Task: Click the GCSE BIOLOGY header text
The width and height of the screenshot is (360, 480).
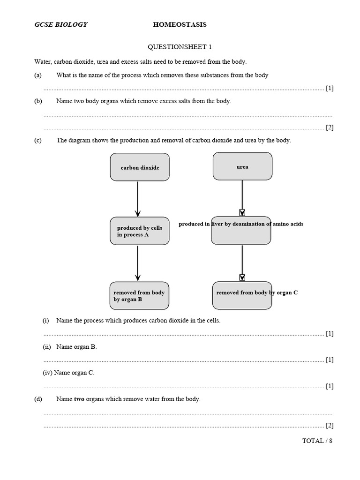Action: pos(61,24)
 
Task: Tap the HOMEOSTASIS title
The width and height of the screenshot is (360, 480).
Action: pos(180,24)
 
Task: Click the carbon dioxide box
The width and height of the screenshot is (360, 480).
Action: pos(140,167)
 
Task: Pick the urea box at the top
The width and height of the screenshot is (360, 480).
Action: pos(242,166)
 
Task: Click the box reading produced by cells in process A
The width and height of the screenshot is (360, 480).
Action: pos(140,231)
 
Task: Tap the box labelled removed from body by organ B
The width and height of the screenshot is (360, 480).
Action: pos(139,296)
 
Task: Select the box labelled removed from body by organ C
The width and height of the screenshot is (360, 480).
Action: pos(242,295)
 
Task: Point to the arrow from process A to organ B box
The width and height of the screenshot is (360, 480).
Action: pos(138,263)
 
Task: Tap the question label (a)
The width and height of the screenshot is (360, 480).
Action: pos(38,75)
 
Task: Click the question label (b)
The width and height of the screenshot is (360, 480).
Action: pos(38,101)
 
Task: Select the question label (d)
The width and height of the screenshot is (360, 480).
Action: pos(38,399)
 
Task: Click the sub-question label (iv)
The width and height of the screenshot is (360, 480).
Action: pos(47,373)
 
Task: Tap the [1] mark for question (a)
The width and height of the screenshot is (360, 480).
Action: pos(330,88)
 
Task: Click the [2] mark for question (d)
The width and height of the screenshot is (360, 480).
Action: pos(330,426)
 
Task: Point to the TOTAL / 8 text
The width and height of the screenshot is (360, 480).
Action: pos(317,441)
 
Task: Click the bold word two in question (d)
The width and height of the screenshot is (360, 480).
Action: pos(79,399)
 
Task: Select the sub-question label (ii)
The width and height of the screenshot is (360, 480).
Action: pos(46,347)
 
